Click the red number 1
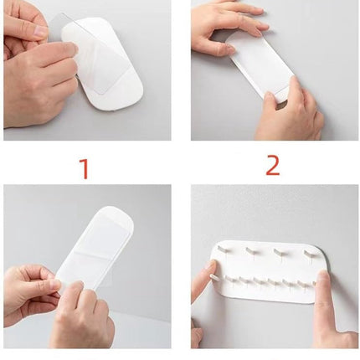click(x=85, y=169)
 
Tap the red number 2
click(x=273, y=166)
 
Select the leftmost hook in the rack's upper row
click(x=223, y=248)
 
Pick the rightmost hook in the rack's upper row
click(x=310, y=253)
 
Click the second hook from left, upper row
click(x=251, y=250)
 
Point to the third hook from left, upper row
click(x=279, y=252)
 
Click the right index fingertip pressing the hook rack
click(x=324, y=278)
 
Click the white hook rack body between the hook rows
click(x=265, y=265)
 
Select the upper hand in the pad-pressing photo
click(x=226, y=28)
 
